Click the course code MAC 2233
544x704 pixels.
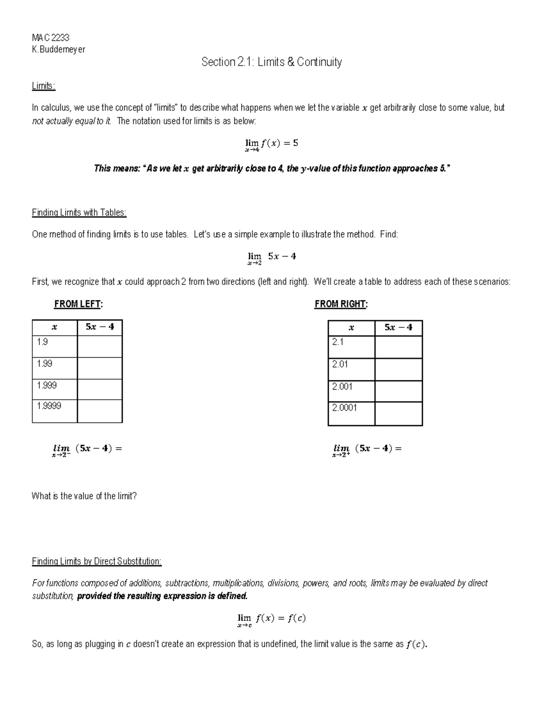(50, 38)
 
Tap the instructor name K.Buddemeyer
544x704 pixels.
(58, 49)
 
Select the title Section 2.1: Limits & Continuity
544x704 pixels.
(272, 62)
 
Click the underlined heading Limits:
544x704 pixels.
(44, 86)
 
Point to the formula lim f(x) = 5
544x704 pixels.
(271, 144)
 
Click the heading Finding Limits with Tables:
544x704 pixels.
(79, 212)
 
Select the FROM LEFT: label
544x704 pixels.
(78, 304)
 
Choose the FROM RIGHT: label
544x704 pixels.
(341, 304)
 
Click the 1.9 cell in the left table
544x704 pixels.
(54, 346)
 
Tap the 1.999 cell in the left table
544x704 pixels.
(54, 389)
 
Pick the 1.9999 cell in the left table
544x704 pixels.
(54, 411)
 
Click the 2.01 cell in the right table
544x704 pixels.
(351, 369)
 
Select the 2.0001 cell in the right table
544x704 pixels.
(351, 413)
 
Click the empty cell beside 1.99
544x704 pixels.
(100, 368)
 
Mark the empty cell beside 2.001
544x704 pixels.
(398, 391)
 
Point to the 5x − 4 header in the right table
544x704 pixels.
(398, 328)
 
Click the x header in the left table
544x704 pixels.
(54, 327)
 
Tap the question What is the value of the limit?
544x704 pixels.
(84, 496)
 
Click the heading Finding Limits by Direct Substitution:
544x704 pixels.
(97, 562)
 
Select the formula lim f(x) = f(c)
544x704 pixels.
(271, 619)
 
